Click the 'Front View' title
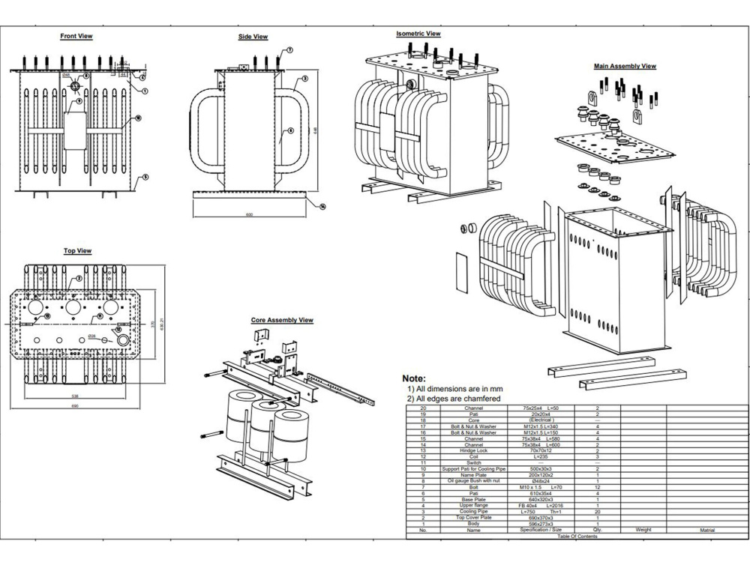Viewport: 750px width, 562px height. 76,35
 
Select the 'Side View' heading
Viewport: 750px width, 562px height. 253,37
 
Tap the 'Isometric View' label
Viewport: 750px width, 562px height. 418,34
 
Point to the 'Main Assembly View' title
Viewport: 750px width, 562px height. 625,66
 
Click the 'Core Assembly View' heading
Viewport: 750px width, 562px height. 282,320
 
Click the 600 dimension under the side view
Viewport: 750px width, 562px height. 249,215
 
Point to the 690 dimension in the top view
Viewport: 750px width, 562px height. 74,405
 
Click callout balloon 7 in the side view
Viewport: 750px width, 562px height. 289,50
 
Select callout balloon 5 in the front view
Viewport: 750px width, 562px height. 145,177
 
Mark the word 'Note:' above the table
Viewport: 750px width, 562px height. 414,379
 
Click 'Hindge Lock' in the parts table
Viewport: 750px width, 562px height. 473,450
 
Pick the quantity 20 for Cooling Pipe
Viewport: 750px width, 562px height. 597,512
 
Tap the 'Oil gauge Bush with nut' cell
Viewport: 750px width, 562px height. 473,481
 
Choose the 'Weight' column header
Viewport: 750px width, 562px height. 643,530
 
